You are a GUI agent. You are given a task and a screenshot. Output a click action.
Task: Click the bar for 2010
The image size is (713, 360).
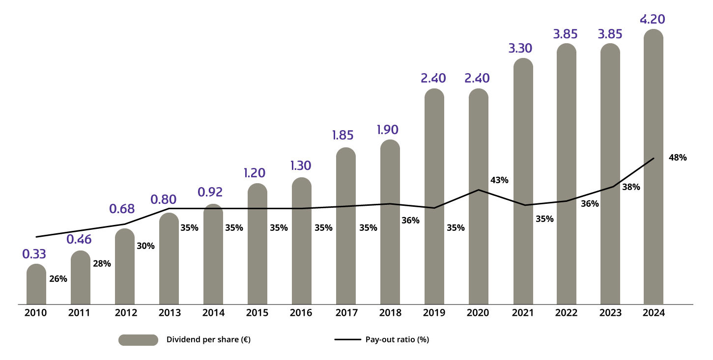point(36,284)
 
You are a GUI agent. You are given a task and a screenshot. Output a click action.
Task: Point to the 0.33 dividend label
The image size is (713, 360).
point(34,254)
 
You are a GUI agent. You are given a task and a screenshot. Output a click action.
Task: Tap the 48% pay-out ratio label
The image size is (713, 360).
point(678,158)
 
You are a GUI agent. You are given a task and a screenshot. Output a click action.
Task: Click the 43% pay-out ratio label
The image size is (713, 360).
point(499,180)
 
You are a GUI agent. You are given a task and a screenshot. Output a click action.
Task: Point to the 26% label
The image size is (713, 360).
point(58,279)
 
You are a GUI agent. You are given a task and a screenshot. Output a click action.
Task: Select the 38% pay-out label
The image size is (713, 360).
point(630,187)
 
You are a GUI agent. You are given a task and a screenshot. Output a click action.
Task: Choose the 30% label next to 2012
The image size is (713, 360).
point(145,246)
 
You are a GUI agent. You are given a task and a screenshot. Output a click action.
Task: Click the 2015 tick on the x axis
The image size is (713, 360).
point(257,313)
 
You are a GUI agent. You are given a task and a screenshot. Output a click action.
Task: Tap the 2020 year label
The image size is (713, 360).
point(479,313)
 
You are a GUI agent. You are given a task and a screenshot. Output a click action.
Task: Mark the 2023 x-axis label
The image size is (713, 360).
point(610,313)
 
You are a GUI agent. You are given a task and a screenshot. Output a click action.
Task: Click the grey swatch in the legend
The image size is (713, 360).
point(138,340)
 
